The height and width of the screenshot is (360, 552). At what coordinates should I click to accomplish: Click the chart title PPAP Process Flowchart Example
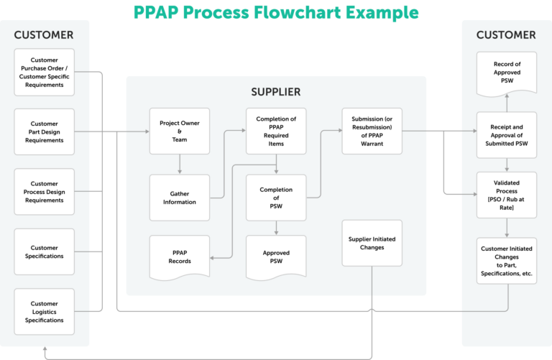[276, 12]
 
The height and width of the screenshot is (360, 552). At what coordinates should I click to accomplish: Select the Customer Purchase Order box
[44, 73]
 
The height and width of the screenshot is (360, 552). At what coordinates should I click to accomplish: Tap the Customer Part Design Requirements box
[44, 131]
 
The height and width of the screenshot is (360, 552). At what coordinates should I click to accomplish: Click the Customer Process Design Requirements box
[44, 192]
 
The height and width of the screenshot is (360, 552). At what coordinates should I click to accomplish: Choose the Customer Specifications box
[44, 251]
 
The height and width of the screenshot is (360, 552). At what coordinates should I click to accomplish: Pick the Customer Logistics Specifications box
[44, 310]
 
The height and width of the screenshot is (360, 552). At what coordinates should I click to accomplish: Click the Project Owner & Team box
[180, 131]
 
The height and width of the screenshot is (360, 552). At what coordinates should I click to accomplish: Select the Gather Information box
[180, 197]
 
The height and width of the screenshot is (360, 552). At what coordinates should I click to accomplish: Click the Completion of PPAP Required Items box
[276, 131]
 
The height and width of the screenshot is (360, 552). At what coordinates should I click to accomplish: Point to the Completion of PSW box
[276, 197]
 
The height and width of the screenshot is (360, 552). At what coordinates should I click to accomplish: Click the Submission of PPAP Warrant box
[372, 131]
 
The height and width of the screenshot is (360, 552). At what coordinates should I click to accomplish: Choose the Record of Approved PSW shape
[507, 73]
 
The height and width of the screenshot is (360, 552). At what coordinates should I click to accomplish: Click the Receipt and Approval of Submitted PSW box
[507, 134]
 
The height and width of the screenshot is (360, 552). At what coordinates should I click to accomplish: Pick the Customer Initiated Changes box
[507, 259]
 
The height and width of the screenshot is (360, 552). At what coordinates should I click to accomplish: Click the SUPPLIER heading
[276, 92]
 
